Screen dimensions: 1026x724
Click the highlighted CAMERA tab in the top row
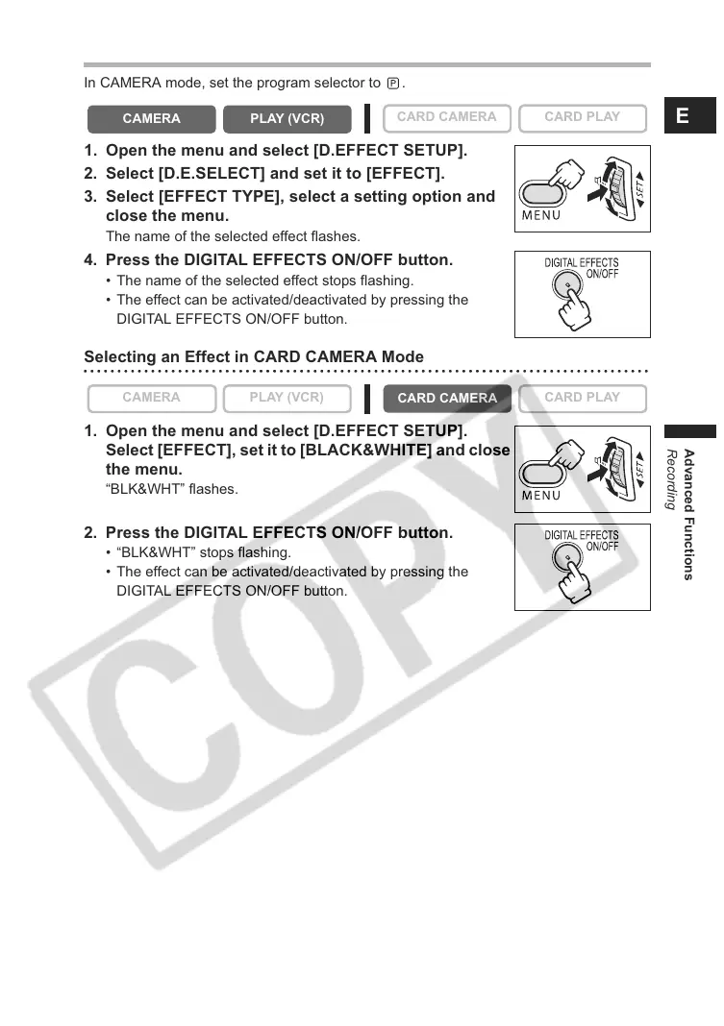(x=151, y=119)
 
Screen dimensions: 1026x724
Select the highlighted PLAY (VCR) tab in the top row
(x=287, y=119)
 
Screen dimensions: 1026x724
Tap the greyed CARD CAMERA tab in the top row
(x=446, y=117)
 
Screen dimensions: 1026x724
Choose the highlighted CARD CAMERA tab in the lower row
(x=446, y=398)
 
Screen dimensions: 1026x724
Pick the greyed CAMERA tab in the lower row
(x=151, y=398)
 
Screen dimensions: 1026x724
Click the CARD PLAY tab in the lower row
(x=582, y=398)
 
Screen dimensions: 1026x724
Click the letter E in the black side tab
(x=682, y=116)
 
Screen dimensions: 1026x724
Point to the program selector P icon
(x=392, y=83)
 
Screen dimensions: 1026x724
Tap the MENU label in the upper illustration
(x=541, y=215)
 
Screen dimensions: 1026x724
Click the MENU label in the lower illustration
(x=541, y=496)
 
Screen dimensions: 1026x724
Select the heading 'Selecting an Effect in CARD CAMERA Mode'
(x=254, y=357)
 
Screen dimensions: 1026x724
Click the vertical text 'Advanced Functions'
(x=688, y=515)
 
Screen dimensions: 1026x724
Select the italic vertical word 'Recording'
(x=672, y=479)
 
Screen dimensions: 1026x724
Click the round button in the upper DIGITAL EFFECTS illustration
(x=567, y=285)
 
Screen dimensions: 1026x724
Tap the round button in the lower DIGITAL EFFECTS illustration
(x=567, y=558)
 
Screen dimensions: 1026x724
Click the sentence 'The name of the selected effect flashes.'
(x=233, y=236)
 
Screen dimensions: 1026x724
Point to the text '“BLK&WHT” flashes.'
(x=171, y=489)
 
